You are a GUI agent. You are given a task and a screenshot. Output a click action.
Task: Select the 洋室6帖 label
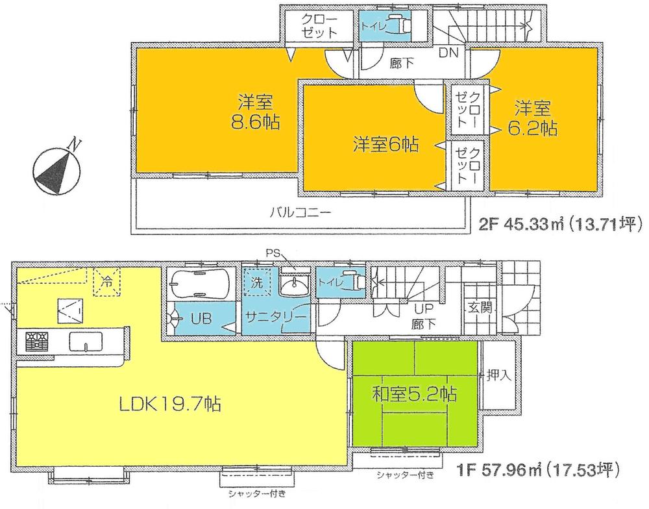385,143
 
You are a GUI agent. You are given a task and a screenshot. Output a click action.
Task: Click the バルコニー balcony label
301,212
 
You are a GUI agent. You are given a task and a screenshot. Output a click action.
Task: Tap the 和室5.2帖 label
415,393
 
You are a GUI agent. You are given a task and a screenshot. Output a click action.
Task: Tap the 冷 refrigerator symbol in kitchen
105,282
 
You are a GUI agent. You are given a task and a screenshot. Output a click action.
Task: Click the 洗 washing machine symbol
258,284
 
